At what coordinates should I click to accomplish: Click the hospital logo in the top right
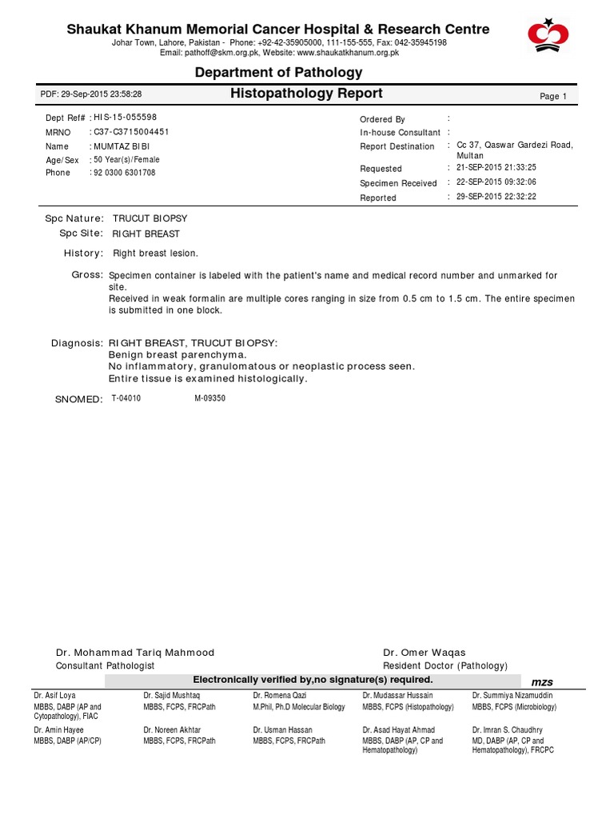[x=548, y=34]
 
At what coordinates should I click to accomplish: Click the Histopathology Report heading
[x=306, y=94]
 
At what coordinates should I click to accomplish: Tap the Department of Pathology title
[x=279, y=73]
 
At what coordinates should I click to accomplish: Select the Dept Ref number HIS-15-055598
[x=126, y=118]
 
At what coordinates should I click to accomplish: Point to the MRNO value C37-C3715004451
[x=131, y=132]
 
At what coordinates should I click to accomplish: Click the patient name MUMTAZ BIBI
[x=122, y=146]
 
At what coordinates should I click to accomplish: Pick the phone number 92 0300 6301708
[x=125, y=173]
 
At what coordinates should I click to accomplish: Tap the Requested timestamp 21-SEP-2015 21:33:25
[x=496, y=168]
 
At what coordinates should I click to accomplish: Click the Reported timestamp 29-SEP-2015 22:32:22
[x=496, y=197]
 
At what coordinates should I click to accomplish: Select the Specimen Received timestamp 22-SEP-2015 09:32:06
[x=496, y=182]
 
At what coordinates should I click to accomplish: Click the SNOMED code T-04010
[x=126, y=398]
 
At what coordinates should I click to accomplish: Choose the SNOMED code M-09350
[x=210, y=398]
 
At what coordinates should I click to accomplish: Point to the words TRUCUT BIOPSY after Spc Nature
[x=150, y=218]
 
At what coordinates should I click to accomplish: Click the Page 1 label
[x=553, y=96]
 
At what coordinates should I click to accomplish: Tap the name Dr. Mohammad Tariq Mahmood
[x=135, y=653]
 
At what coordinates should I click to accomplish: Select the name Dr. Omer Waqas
[x=425, y=653]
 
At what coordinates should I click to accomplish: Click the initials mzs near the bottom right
[x=542, y=681]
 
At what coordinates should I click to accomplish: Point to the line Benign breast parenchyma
[x=177, y=354]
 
